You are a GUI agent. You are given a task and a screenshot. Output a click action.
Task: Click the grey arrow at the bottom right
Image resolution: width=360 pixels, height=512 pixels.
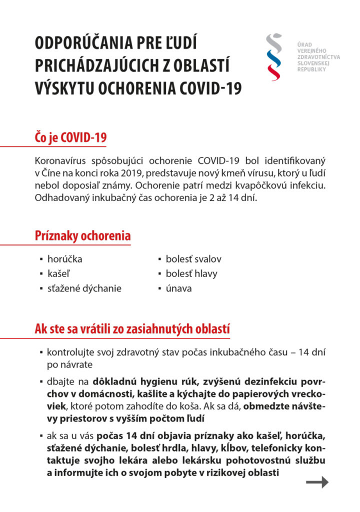[317, 482]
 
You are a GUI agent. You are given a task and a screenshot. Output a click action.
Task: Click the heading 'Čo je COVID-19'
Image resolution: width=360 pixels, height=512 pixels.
[70, 137]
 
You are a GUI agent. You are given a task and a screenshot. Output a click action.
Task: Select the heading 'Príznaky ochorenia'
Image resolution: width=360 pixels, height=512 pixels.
[82, 235]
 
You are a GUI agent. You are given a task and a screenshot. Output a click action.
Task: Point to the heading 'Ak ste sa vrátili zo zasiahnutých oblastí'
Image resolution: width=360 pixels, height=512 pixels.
[132, 329]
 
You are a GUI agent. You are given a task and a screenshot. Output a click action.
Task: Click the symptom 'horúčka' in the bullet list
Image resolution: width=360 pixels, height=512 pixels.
[64, 259]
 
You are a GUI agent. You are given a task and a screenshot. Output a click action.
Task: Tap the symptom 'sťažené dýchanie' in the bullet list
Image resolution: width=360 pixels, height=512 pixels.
[84, 288]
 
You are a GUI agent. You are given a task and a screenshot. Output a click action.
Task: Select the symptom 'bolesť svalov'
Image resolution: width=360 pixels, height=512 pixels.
[193, 259]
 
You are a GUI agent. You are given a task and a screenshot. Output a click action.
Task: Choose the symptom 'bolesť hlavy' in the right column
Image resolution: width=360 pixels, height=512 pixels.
[191, 273]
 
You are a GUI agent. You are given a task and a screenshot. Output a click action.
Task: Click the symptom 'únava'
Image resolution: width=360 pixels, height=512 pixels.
[178, 288]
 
